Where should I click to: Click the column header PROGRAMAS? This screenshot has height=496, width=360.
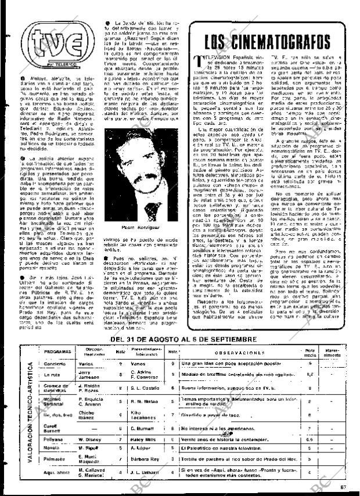tap(57, 352)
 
